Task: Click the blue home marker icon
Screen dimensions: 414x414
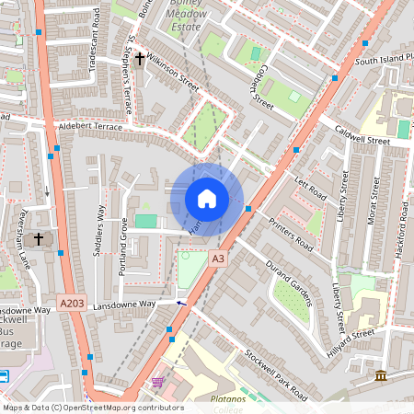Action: coord(207,199)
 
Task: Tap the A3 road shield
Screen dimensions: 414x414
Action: coord(217,259)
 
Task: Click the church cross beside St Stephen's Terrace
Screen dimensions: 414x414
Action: coord(140,59)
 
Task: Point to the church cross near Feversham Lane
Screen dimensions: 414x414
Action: coord(39,239)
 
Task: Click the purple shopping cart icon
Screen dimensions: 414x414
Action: coord(157,382)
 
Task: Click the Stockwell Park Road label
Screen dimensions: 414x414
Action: coord(275,374)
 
